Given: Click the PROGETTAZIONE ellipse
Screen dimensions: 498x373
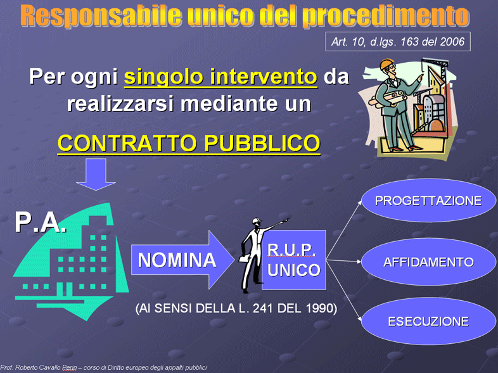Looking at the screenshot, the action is point(428,200).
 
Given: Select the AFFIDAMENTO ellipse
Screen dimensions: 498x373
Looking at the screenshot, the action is point(428,262).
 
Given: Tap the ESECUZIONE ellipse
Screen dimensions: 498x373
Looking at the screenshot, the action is point(428,321).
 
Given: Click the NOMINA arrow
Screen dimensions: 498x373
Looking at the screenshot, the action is point(182,260).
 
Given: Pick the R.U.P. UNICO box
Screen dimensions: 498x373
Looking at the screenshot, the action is point(294,260).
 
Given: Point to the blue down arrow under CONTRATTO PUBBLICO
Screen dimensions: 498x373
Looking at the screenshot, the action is point(96,174).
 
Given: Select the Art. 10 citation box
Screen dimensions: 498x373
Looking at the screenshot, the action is point(398,42).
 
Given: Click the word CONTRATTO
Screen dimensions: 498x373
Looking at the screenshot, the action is point(128,143).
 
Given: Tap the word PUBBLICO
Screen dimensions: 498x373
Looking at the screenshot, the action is point(262,143).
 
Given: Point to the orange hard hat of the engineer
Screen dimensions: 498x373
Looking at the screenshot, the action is point(386,64).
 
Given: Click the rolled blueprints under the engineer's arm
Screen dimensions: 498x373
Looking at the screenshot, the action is point(388,97).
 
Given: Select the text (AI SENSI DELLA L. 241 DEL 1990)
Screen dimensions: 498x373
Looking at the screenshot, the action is point(236,308).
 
